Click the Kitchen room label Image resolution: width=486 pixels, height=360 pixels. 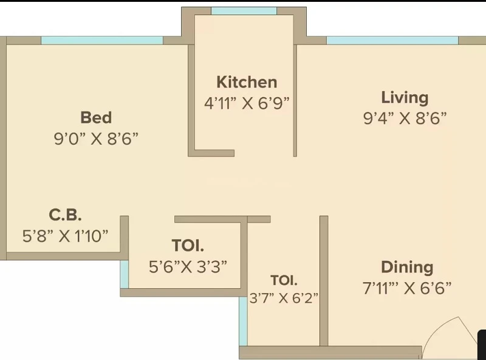(247, 82)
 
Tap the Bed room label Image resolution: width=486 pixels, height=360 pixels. (96, 117)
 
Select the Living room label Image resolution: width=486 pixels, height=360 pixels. (405, 98)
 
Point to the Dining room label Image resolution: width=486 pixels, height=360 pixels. (407, 268)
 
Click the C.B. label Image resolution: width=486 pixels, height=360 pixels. (66, 215)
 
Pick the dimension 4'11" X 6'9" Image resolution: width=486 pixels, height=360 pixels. (247, 103)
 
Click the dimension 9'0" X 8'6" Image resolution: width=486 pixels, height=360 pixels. (96, 139)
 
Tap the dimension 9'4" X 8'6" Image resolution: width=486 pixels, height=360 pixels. (405, 118)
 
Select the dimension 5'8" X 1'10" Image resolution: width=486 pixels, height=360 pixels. (66, 236)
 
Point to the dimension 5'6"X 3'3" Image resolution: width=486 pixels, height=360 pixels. (188, 266)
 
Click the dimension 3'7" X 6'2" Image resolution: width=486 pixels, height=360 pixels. (284, 298)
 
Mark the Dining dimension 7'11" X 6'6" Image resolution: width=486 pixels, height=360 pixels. (407, 288)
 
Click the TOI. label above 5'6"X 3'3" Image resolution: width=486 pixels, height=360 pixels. (188, 246)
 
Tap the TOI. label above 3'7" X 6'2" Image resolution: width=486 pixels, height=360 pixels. (284, 280)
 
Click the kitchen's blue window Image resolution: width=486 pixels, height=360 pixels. (244, 11)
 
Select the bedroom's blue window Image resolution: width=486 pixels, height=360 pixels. (102, 40)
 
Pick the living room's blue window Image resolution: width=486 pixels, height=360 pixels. (392, 40)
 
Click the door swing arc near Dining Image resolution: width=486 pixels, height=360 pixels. (434, 329)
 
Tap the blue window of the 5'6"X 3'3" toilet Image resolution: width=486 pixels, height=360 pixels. (125, 274)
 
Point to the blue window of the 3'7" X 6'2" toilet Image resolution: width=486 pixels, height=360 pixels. (244, 321)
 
